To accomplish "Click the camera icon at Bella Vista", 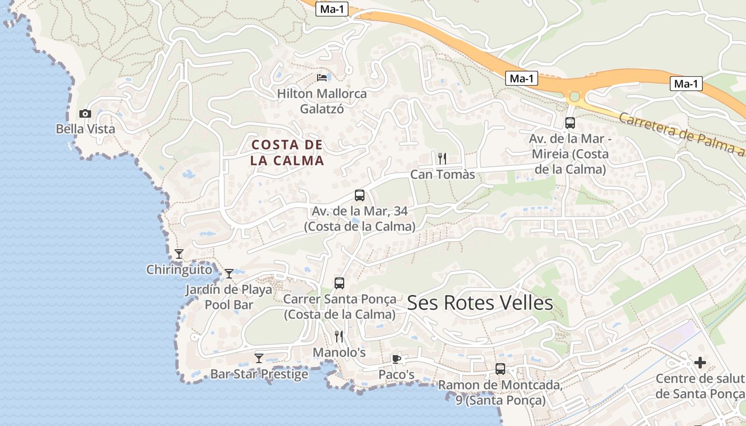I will click(85, 113).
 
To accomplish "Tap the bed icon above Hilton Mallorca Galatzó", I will click(322, 78).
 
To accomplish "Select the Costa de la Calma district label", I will click(287, 152).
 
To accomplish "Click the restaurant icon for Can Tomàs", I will click(442, 158).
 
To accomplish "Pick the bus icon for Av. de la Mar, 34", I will click(360, 195).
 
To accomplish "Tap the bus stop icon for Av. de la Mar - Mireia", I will click(570, 123).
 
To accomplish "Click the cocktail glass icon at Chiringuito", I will click(179, 254).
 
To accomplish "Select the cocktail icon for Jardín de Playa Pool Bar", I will click(229, 274).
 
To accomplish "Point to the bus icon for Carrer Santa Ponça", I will click(339, 283).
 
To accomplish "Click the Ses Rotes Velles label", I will click(480, 303).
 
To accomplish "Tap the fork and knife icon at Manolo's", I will click(339, 337).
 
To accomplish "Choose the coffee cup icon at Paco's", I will click(396, 359).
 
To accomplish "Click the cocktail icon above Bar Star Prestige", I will click(259, 358).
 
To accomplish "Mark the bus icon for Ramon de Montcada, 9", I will click(500, 368).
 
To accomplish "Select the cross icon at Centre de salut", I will click(700, 363).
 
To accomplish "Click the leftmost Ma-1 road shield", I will click(331, 9).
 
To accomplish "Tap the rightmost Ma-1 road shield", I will click(686, 84).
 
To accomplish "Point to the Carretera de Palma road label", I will click(682, 133).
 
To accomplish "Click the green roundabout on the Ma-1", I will click(574, 97).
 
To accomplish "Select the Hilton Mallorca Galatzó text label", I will click(322, 101).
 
